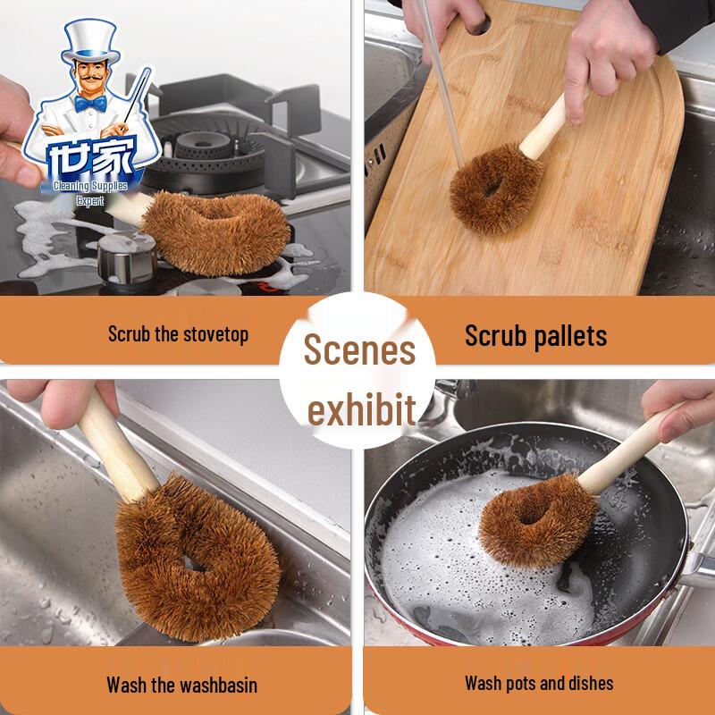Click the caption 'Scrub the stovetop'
point(179,334)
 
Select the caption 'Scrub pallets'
point(535,335)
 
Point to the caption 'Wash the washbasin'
point(181,686)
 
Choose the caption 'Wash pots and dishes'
point(539,684)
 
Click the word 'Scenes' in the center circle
point(359,349)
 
